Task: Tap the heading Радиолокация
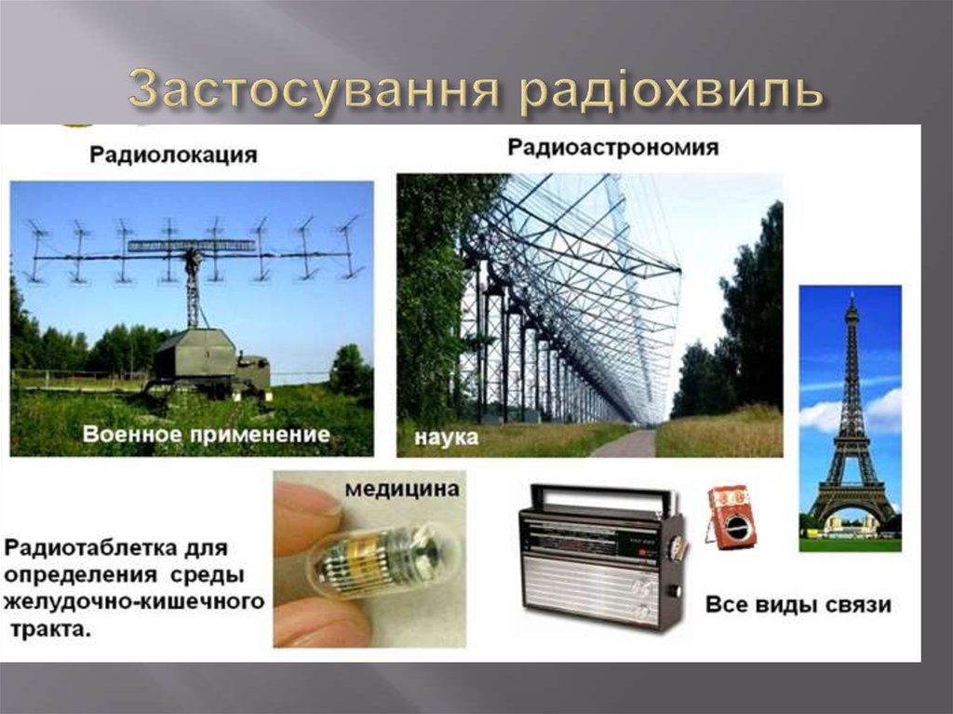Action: tap(173, 155)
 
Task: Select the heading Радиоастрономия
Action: tap(613, 147)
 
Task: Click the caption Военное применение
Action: tap(206, 433)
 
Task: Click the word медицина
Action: tap(402, 489)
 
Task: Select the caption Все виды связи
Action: tap(798, 605)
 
